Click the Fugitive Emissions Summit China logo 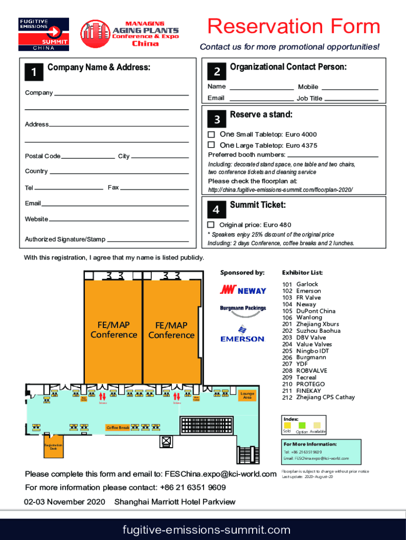pyautogui.click(x=43, y=34)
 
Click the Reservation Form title pyautogui.click(x=294, y=26)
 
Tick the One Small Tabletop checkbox pyautogui.click(x=211, y=134)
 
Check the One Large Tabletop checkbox pyautogui.click(x=211, y=144)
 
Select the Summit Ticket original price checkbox pyautogui.click(x=211, y=225)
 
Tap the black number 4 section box pyautogui.click(x=216, y=210)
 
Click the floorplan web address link pyautogui.click(x=280, y=190)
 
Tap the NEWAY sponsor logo pyautogui.click(x=243, y=290)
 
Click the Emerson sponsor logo pyautogui.click(x=242, y=334)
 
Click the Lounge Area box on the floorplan pyautogui.click(x=247, y=396)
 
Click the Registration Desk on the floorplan pyautogui.click(x=53, y=446)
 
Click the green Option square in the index pyautogui.click(x=302, y=425)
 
